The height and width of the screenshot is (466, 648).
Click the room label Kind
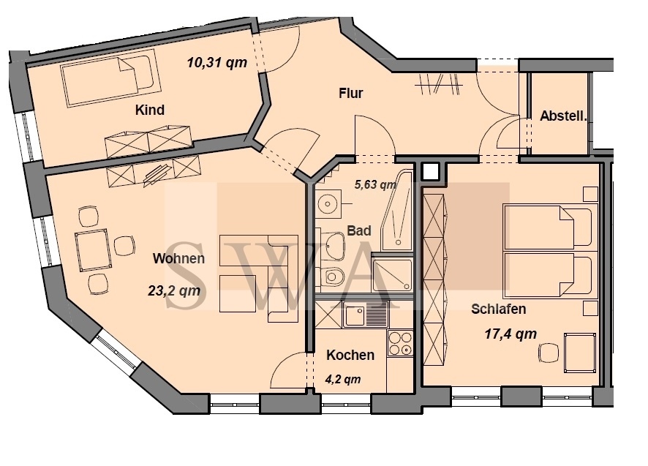[150, 110]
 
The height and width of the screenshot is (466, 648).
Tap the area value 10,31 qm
[217, 62]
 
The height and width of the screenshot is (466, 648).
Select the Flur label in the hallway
[351, 93]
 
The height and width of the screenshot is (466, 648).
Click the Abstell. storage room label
[563, 116]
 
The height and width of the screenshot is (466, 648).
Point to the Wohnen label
[178, 258]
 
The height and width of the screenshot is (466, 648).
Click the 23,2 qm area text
[174, 290]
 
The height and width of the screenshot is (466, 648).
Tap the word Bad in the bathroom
[358, 230]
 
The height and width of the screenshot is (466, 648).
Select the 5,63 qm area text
[375, 184]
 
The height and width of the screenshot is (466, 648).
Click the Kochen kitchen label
[350, 355]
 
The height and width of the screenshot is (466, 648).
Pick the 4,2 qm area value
[343, 379]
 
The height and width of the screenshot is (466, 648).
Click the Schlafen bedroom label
[498, 309]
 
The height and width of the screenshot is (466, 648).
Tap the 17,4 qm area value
[511, 334]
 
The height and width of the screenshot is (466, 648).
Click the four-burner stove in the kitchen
[400, 343]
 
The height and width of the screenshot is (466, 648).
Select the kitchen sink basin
[354, 316]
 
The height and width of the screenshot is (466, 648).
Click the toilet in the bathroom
[332, 277]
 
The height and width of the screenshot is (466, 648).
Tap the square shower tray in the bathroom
[392, 274]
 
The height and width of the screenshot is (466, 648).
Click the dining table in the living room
[93, 249]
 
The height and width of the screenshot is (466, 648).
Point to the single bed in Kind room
[110, 77]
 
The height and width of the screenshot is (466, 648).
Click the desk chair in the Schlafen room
[549, 353]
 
